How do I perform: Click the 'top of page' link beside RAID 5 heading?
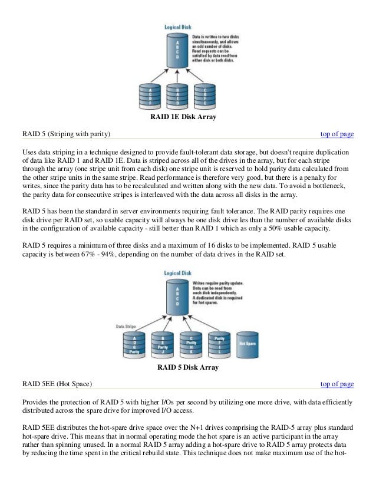tap(337, 134)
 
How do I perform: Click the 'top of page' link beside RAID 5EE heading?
tap(337, 384)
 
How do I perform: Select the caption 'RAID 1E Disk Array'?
tap(184, 117)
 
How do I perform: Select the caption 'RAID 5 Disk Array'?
tap(188, 367)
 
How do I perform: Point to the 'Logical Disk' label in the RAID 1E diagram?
tap(177, 27)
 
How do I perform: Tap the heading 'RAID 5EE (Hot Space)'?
tap(57, 384)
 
